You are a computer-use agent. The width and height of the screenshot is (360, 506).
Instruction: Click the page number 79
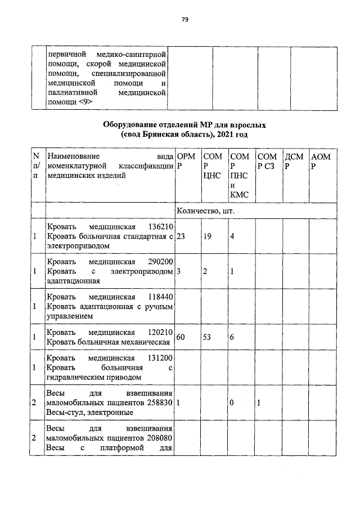pyautogui.click(x=184, y=20)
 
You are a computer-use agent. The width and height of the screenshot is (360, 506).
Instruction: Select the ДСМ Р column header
pyautogui.click(x=294, y=161)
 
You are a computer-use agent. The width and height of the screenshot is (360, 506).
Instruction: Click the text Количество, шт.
pyautogui.click(x=205, y=211)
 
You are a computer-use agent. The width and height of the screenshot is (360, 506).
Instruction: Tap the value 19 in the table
pyautogui.click(x=208, y=236)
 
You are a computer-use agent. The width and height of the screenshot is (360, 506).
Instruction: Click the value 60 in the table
pyautogui.click(x=181, y=337)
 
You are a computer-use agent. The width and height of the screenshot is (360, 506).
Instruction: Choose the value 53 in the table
pyautogui.click(x=208, y=337)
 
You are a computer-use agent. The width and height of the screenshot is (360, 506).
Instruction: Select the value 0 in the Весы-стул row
pyautogui.click(x=233, y=403)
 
